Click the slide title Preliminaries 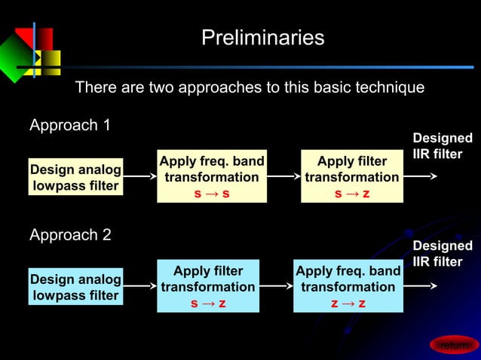[262, 38]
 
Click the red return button [455, 345]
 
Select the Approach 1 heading [70, 125]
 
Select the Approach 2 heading [70, 235]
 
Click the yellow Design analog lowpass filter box [75, 177]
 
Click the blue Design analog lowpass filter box [75, 287]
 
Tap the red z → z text [348, 304]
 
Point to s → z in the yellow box [351, 194]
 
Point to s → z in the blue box [207, 304]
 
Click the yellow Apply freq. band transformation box [211, 169]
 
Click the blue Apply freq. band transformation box [348, 279]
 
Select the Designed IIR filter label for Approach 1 [443, 146]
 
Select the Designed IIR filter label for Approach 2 [443, 254]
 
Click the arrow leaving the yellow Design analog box [139, 177]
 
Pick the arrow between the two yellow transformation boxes [283, 177]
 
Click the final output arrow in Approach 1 [421, 177]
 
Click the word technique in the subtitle [386, 87]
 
